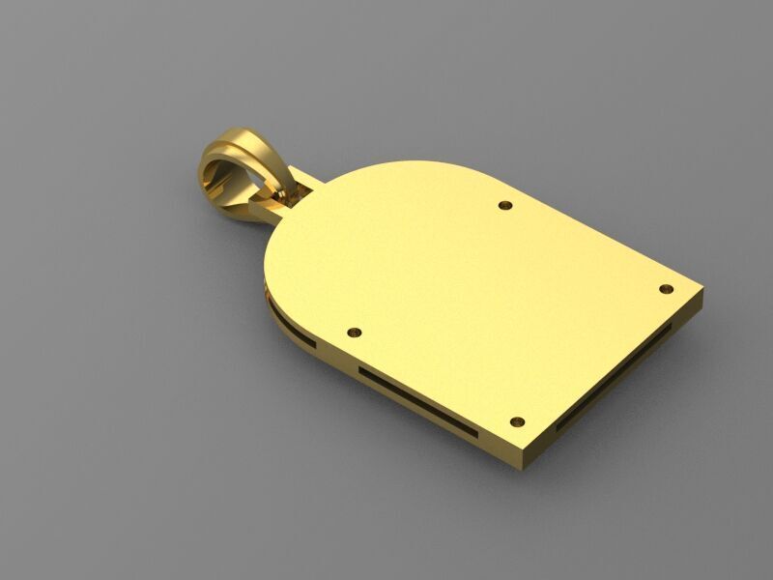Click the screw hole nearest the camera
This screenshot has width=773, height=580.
click(516, 422)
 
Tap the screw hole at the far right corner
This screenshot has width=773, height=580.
click(666, 289)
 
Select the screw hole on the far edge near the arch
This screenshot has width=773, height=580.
click(504, 205)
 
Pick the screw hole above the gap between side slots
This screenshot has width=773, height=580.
click(353, 332)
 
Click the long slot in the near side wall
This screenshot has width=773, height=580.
click(415, 396)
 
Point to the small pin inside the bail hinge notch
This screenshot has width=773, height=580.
click(281, 197)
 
